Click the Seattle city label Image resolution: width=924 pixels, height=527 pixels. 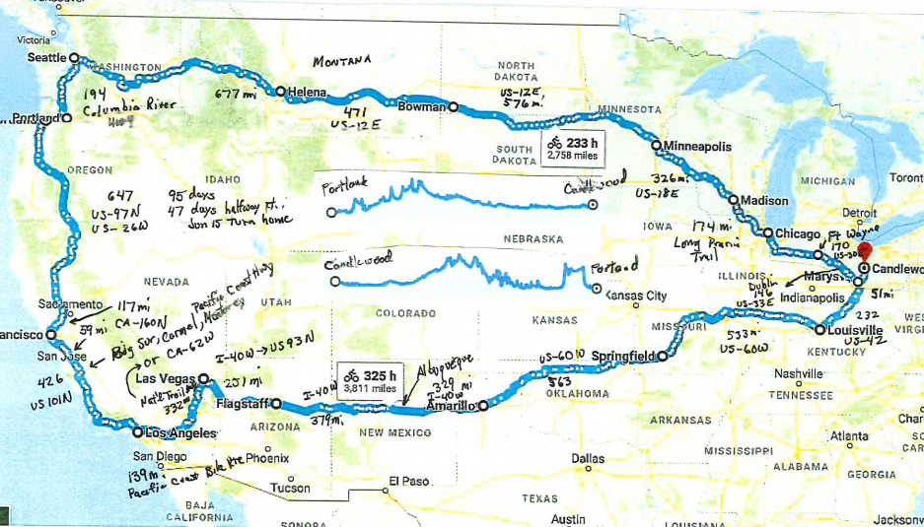pos(44,58)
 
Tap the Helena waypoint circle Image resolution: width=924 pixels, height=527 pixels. pos(281,92)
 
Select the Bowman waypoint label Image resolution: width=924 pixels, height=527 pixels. pos(423,106)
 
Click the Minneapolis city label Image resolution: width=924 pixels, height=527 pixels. pos(697,146)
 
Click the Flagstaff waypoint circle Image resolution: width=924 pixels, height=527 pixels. pos(277,403)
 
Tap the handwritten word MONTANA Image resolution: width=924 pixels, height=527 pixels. pos(342,61)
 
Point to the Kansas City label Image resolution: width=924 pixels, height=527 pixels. pos(636,296)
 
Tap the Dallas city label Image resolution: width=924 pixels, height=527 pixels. pos(588,458)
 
